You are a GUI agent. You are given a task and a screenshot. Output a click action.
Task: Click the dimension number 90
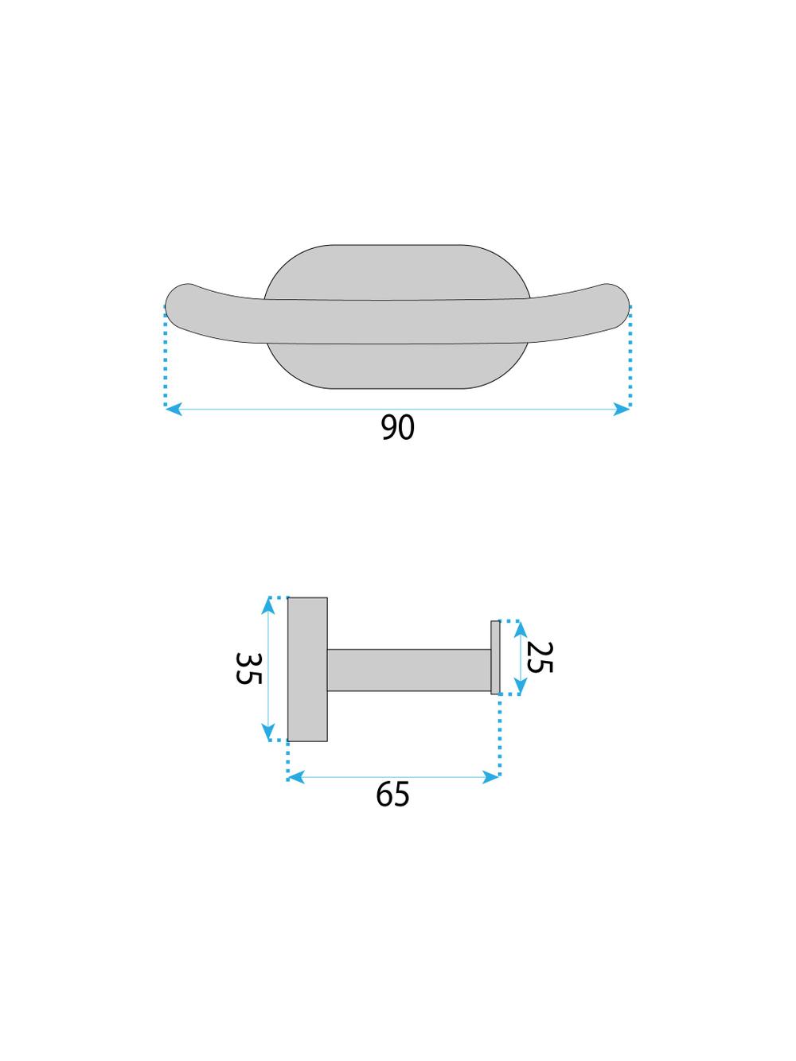tap(397, 427)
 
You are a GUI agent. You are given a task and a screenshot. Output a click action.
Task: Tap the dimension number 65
tap(392, 795)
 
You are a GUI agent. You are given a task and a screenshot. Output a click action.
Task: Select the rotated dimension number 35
tap(248, 669)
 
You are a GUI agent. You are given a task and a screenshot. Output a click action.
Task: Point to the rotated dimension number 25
tap(539, 658)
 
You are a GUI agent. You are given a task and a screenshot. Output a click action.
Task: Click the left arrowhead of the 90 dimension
tap(173, 409)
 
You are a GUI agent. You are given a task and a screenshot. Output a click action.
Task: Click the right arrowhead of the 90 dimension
tap(622, 409)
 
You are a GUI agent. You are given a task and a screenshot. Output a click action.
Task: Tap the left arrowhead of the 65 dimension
tap(295, 777)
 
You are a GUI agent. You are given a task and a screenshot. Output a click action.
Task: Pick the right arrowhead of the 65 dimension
tap(491, 777)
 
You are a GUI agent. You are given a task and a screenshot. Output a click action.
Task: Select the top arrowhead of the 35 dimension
tap(268, 606)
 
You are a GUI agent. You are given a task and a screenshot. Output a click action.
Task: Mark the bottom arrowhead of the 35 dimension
tap(268, 745)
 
